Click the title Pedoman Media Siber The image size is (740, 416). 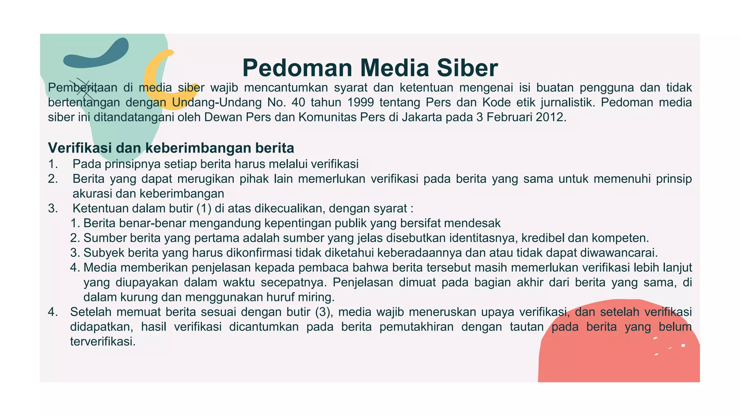click(370, 68)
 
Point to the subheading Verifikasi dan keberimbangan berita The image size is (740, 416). click(171, 148)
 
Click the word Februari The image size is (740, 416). click(509, 117)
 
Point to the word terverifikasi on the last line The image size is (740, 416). click(103, 342)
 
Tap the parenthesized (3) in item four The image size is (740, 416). click(323, 312)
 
